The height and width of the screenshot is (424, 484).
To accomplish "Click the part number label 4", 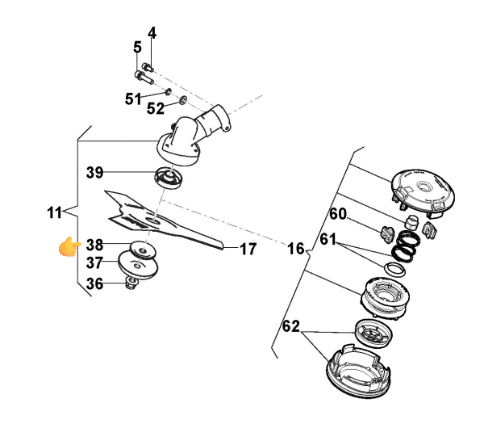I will (x=151, y=33).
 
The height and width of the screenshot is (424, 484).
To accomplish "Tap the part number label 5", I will (x=137, y=48).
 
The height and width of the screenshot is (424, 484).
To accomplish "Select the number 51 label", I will (x=134, y=99).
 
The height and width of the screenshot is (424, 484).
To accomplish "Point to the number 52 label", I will (x=156, y=107).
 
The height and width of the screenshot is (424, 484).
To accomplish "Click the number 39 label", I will (x=95, y=172).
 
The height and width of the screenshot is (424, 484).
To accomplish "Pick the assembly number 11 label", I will (x=54, y=213).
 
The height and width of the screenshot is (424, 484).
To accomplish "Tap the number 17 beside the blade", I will (x=248, y=249).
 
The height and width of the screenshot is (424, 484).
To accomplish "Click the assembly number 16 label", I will (x=296, y=249).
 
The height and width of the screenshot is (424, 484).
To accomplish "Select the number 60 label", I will (x=338, y=214).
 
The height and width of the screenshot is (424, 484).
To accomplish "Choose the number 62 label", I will (x=291, y=328).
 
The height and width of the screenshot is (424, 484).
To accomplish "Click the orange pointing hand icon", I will (x=69, y=246).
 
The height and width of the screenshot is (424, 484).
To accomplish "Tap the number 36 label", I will (x=94, y=283).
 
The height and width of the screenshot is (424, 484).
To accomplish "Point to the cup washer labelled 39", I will (x=167, y=176).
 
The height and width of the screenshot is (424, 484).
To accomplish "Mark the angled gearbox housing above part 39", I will (x=192, y=136).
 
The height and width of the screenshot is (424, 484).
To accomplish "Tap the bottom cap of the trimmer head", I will (x=358, y=372).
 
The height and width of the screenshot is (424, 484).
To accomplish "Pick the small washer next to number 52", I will (x=182, y=99).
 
